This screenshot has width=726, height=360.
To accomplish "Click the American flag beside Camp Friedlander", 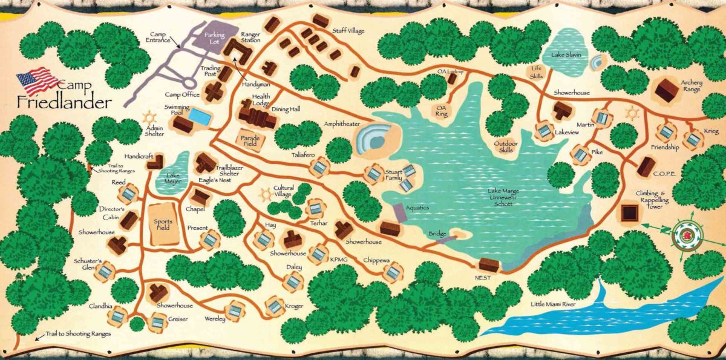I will (x=38, y=79).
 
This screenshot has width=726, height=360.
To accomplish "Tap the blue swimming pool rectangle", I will (x=200, y=114).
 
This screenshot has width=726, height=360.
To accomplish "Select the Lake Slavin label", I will (x=566, y=55).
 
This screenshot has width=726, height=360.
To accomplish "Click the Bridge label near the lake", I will (x=437, y=234).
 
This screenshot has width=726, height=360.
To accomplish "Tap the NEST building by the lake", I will (x=488, y=265).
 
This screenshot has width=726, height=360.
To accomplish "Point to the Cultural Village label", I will (x=284, y=191).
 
